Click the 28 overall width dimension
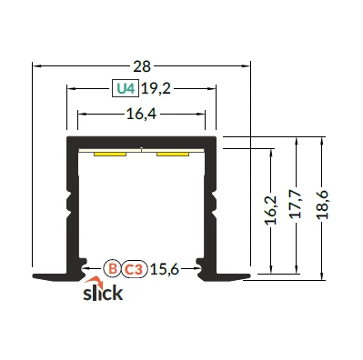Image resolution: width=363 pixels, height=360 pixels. tap(142, 66)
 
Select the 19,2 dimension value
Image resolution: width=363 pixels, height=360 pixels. tap(156, 88)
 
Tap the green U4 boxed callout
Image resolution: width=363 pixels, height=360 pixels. tap(126, 88)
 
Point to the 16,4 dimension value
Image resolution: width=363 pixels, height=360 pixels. tap(141, 115)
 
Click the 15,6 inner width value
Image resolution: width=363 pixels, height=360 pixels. tap(165, 268)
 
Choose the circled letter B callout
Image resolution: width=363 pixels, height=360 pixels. tap(113, 269)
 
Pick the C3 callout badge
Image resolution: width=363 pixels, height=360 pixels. tap(135, 269)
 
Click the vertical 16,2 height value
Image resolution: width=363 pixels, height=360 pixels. tap(271, 210)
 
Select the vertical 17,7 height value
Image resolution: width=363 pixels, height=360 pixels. tap(296, 205)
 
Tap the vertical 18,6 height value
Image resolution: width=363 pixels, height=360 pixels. tap(322, 205)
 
